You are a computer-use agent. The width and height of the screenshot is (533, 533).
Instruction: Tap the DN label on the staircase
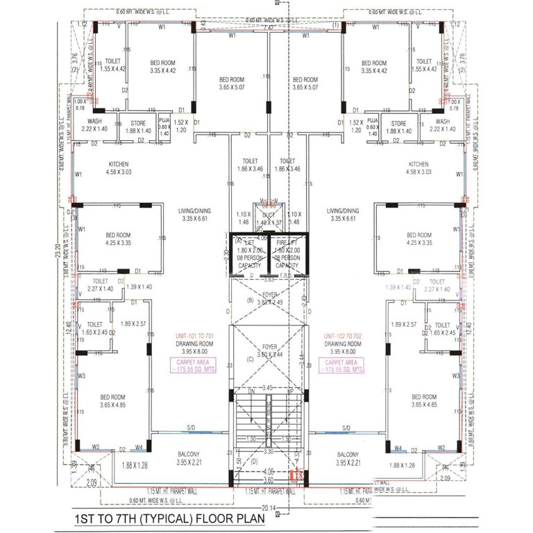(x=251, y=391)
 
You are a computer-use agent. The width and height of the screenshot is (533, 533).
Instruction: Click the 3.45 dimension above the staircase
(x=266, y=387)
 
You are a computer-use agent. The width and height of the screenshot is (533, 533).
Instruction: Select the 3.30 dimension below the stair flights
(x=266, y=451)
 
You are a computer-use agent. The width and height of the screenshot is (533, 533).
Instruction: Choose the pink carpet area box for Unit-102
(x=341, y=366)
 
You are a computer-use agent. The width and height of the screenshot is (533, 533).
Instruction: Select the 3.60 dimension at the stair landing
(x=266, y=479)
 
